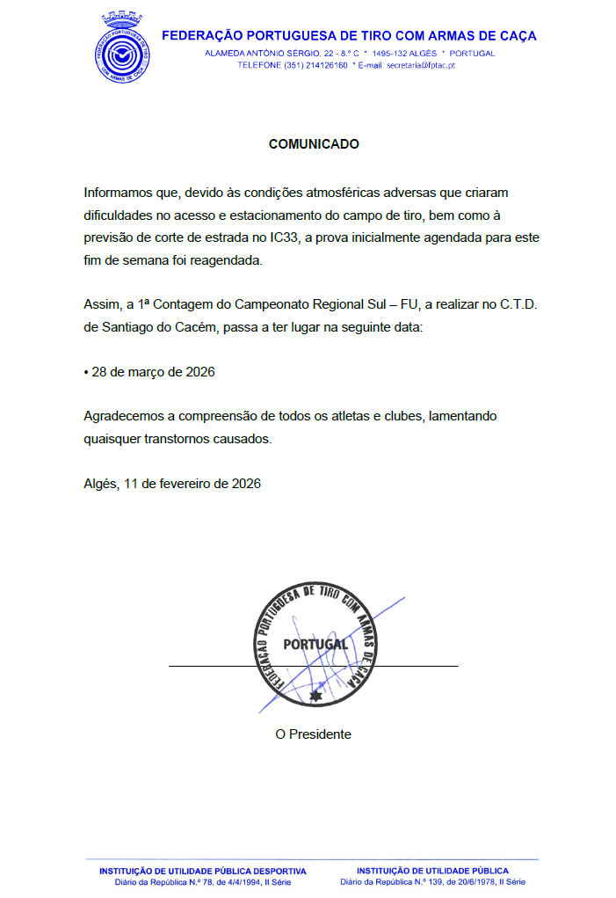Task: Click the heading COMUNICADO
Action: point(314,144)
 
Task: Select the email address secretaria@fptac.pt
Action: point(421,65)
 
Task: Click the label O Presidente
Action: point(313,734)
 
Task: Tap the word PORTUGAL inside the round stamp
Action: point(315,644)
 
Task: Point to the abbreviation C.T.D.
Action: point(511,305)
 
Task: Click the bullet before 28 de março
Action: point(86,373)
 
